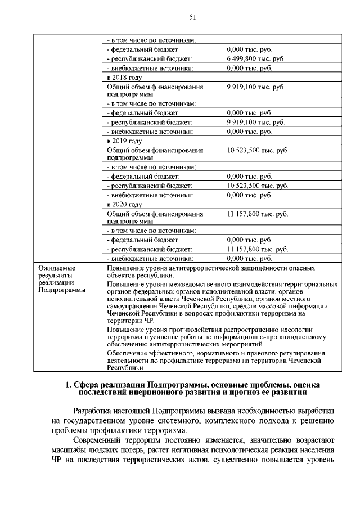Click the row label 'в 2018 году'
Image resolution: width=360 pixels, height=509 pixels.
[x=124, y=77]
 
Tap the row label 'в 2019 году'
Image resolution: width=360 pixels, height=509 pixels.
[x=124, y=141]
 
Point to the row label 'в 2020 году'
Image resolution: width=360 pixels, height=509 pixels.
[x=124, y=204]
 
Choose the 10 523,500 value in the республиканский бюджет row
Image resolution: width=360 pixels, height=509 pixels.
[x=257, y=186]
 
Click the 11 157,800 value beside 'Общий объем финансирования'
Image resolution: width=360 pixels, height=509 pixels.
[x=257, y=214]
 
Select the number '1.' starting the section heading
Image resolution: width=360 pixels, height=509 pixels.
[x=68, y=385]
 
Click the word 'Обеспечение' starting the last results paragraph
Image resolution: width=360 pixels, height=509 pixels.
[x=127, y=353]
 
